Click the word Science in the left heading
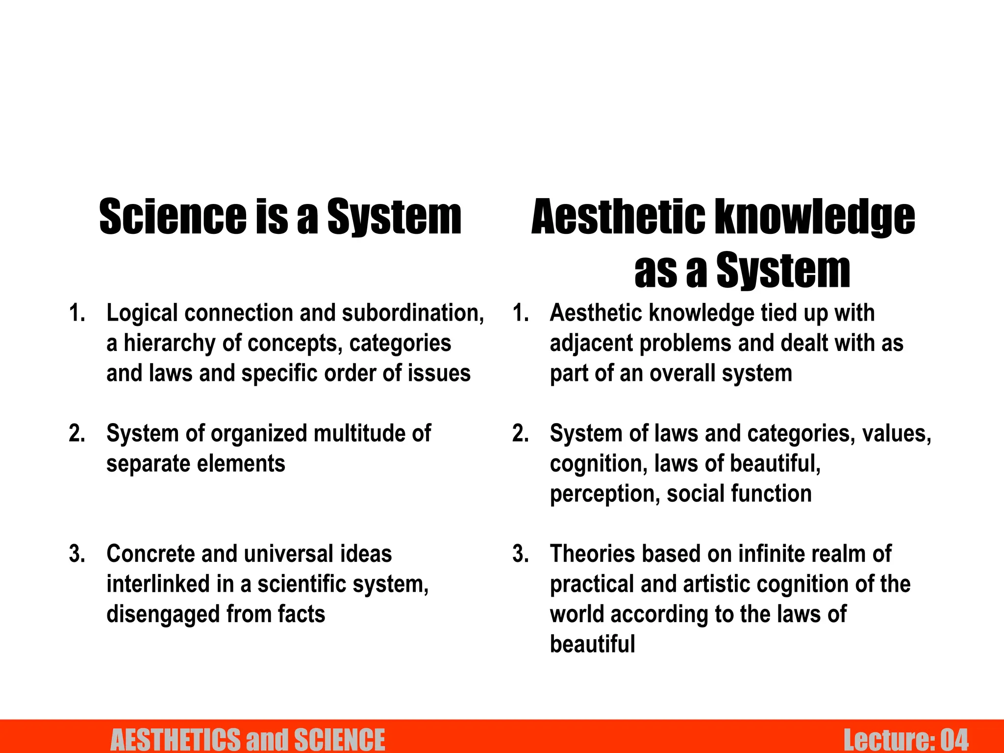tap(173, 217)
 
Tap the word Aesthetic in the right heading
tap(618, 217)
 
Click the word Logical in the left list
tap(142, 313)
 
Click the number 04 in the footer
tap(954, 740)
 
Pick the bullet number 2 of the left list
tap(77, 433)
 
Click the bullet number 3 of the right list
tap(520, 554)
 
